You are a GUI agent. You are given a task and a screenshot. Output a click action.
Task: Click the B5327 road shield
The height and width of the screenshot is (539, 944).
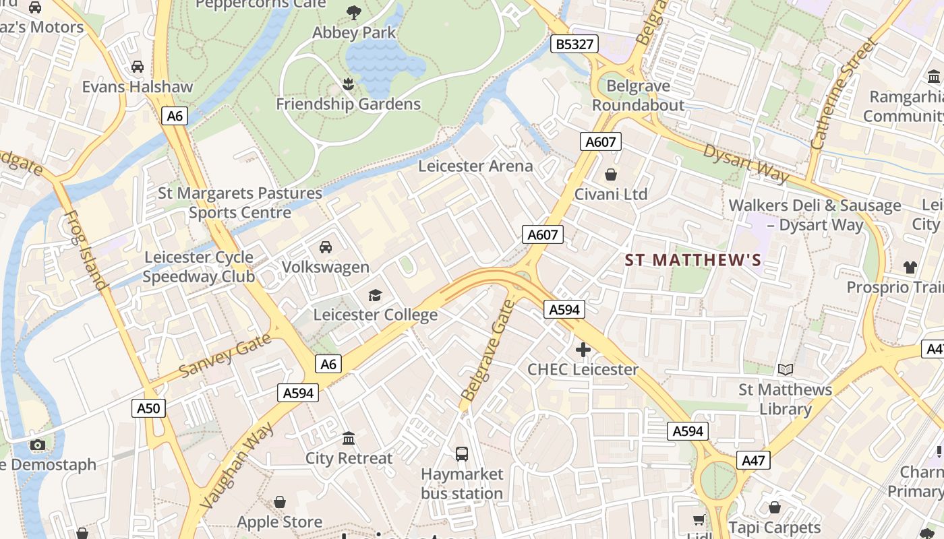(x=575, y=44)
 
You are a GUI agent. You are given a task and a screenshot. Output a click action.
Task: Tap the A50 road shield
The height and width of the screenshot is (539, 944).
(x=148, y=408)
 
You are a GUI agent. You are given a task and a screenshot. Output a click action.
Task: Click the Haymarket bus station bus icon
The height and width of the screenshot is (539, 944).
(x=462, y=454)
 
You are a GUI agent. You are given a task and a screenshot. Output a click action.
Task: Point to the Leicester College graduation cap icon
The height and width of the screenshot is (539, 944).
(x=375, y=295)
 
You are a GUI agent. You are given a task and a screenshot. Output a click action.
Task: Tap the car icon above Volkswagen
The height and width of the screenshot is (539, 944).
(x=326, y=247)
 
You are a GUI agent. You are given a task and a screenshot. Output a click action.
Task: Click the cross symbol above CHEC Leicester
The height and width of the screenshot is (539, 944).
(x=583, y=350)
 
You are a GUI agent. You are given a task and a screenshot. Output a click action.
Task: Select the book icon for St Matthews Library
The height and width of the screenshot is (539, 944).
(x=786, y=369)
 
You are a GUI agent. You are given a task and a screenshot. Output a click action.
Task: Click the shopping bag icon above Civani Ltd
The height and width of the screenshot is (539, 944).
(x=611, y=175)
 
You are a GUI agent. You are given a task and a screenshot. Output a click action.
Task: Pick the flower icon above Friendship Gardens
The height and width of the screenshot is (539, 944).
(x=348, y=84)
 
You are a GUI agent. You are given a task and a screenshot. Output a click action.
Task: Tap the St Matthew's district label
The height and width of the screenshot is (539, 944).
(x=693, y=260)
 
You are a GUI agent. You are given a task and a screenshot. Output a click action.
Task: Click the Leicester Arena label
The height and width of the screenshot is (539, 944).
(x=475, y=166)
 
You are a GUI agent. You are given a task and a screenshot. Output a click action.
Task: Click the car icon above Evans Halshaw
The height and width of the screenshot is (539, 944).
(x=138, y=67)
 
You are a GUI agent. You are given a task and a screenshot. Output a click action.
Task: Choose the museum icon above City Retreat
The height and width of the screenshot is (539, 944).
(x=349, y=439)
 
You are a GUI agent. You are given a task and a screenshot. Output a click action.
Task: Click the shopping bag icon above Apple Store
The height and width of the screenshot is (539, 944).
(x=280, y=502)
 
